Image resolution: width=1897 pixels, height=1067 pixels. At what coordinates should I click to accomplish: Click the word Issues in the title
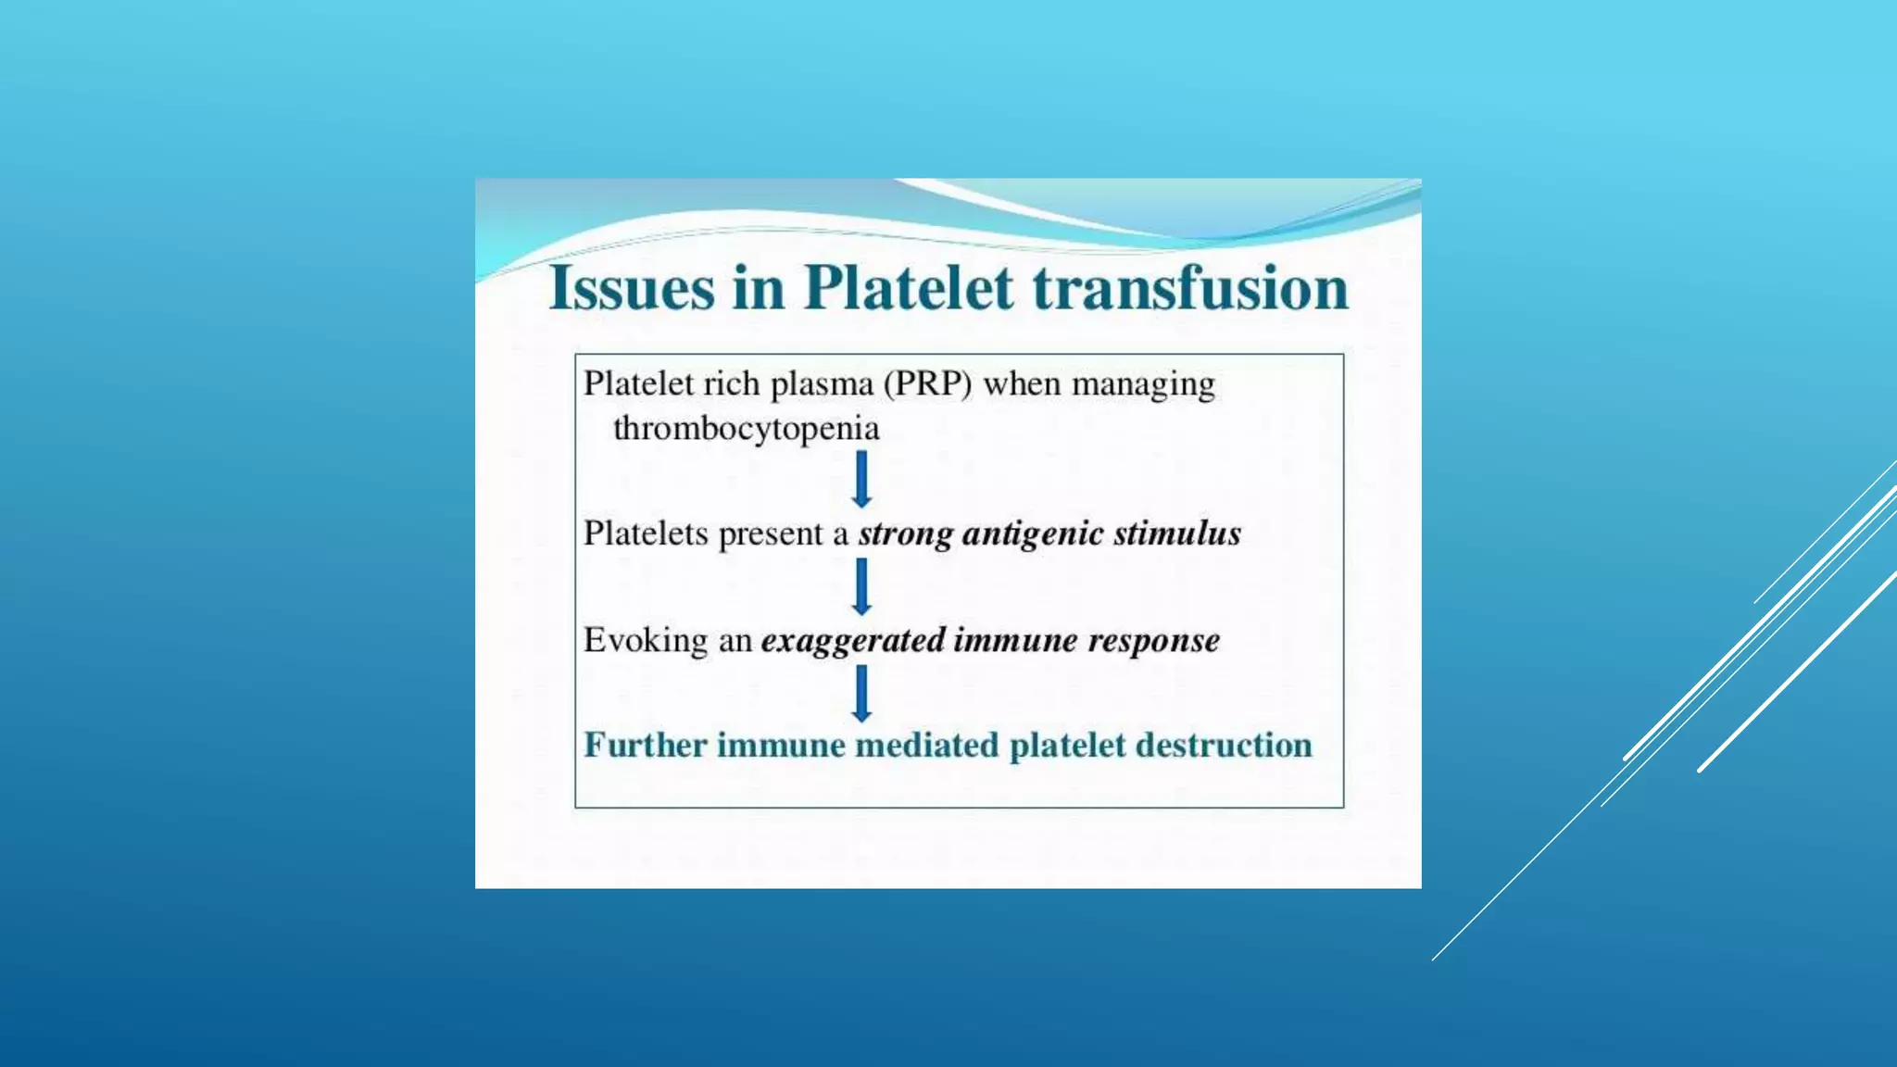632,287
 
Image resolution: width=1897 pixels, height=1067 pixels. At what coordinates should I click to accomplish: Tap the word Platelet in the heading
908,287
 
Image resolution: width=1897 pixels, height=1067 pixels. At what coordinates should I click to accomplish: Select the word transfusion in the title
1190,287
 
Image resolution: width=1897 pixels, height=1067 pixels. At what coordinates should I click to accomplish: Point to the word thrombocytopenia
746,429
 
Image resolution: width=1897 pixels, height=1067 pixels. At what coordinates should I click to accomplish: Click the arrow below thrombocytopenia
861,479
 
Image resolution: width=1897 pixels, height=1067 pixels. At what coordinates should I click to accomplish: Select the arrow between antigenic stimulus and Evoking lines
861,586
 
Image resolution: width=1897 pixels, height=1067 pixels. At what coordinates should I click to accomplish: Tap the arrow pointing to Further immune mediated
861,693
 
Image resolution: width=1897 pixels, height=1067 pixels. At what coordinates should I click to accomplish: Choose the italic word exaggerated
853,641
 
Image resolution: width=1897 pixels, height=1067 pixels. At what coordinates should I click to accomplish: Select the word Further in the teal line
645,746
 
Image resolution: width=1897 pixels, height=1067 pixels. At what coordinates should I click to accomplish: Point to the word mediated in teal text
926,746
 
